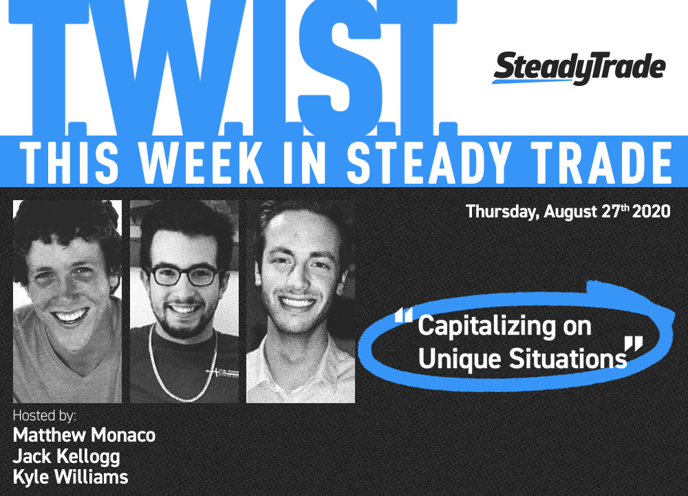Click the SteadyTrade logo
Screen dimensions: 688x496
(579, 68)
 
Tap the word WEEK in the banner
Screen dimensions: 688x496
(202, 163)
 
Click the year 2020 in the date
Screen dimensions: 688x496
(651, 211)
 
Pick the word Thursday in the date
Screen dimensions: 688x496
(502, 212)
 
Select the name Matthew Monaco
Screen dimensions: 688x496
(84, 435)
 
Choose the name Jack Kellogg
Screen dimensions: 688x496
(66, 457)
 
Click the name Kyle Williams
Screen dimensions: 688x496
(71, 477)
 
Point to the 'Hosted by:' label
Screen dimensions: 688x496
(44, 416)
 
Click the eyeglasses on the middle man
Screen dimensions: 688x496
(184, 275)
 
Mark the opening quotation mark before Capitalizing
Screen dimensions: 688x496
(404, 315)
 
